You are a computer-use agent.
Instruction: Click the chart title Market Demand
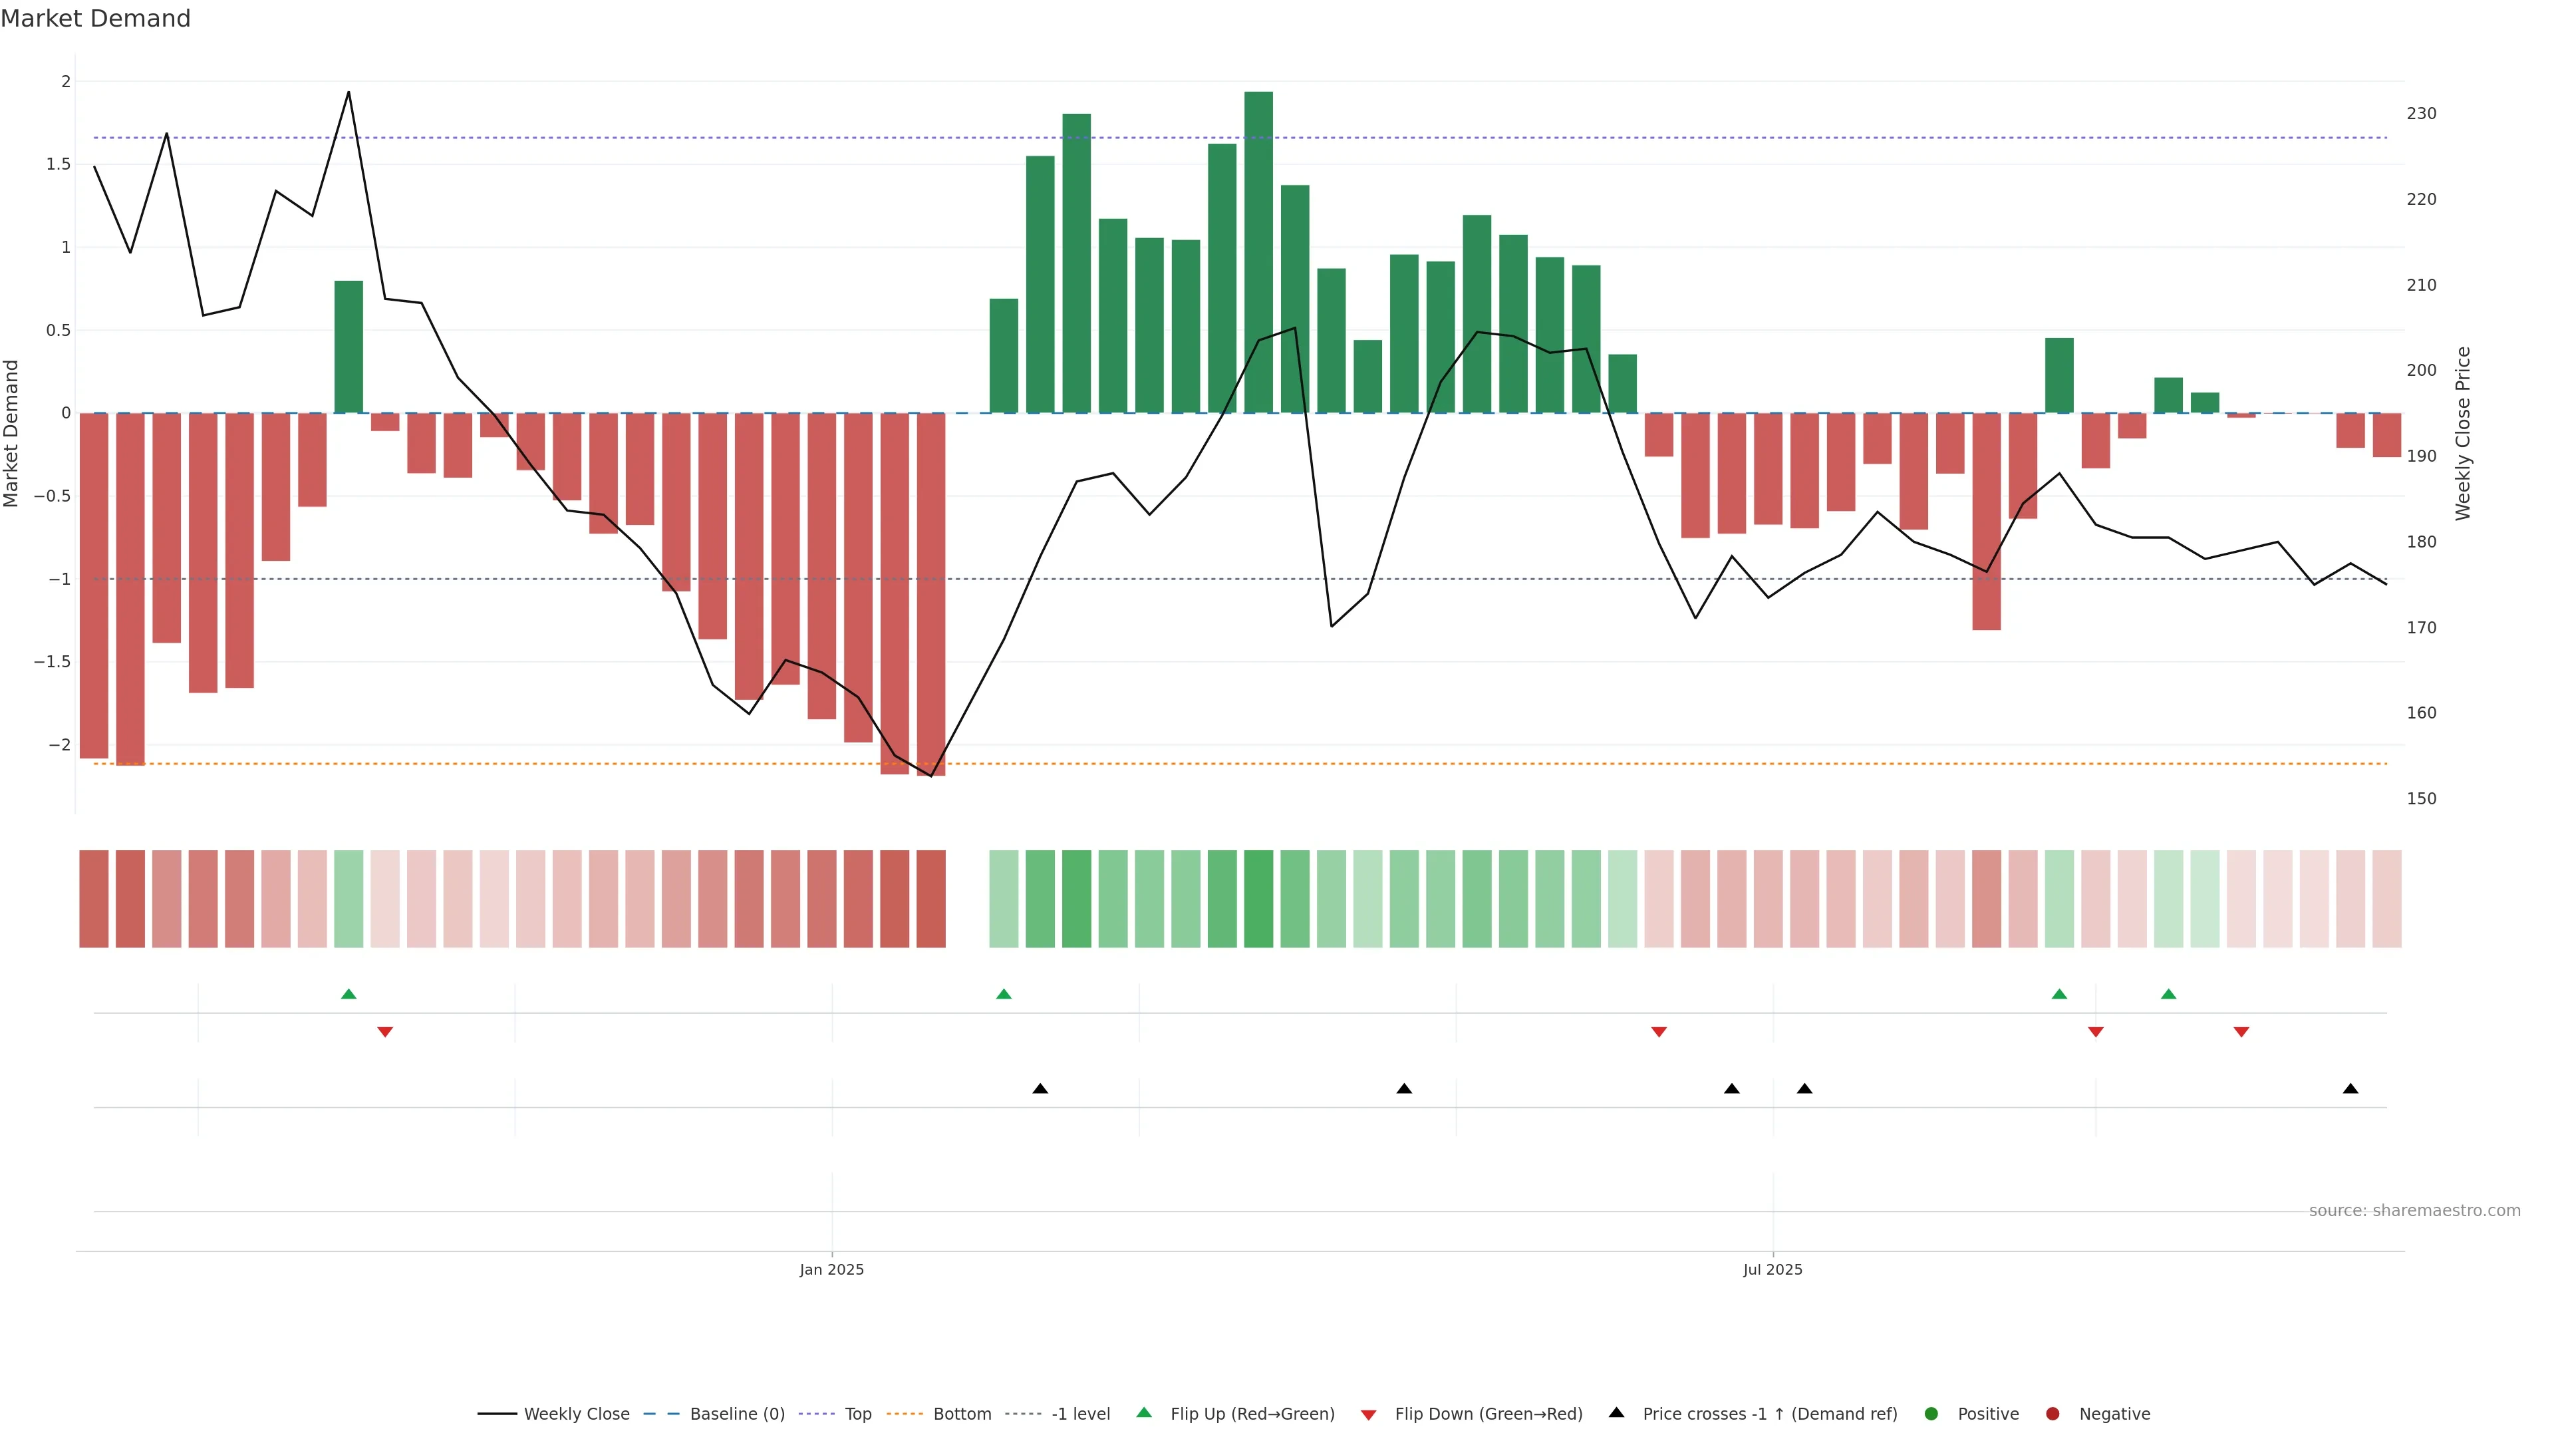point(95,19)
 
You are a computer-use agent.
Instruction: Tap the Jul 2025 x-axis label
point(1772,1269)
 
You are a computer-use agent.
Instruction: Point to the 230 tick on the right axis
point(2420,114)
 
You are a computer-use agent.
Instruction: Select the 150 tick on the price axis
point(2420,798)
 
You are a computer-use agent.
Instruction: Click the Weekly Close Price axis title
point(2463,433)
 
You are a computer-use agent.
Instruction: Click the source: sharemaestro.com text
point(2414,1210)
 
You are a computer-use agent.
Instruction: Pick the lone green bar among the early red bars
point(348,347)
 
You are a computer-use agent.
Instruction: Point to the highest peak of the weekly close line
point(348,92)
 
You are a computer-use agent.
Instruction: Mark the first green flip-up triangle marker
point(348,994)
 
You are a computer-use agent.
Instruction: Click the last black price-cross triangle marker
point(2350,1089)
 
